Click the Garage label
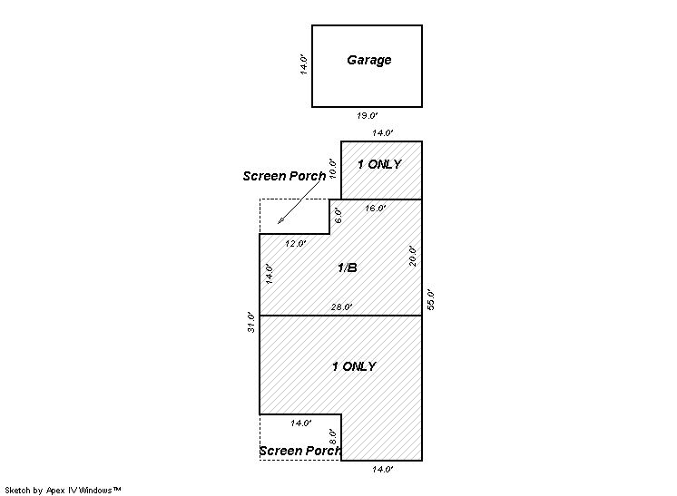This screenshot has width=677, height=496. click(369, 60)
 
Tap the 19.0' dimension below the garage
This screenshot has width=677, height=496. click(367, 115)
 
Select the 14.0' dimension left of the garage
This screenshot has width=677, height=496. click(304, 64)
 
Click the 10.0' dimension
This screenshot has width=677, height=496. click(332, 169)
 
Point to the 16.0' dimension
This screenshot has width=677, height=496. click(375, 209)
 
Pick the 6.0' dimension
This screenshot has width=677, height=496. click(338, 216)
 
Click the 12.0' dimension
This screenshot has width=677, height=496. click(295, 244)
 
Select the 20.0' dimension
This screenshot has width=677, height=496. click(413, 257)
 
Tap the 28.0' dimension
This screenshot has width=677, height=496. click(341, 307)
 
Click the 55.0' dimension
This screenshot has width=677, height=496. click(430, 299)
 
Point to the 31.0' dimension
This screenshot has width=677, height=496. click(251, 322)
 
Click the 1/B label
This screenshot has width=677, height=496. click(348, 267)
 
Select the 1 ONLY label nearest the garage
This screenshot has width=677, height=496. click(379, 164)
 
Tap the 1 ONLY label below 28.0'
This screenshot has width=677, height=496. click(354, 366)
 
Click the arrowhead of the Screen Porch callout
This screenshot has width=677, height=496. click(280, 221)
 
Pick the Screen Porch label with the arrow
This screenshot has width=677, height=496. click(284, 176)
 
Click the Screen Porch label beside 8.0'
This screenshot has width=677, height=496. click(300, 451)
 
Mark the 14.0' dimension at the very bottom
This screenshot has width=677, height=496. click(383, 470)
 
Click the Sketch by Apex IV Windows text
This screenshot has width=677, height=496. click(63, 491)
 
